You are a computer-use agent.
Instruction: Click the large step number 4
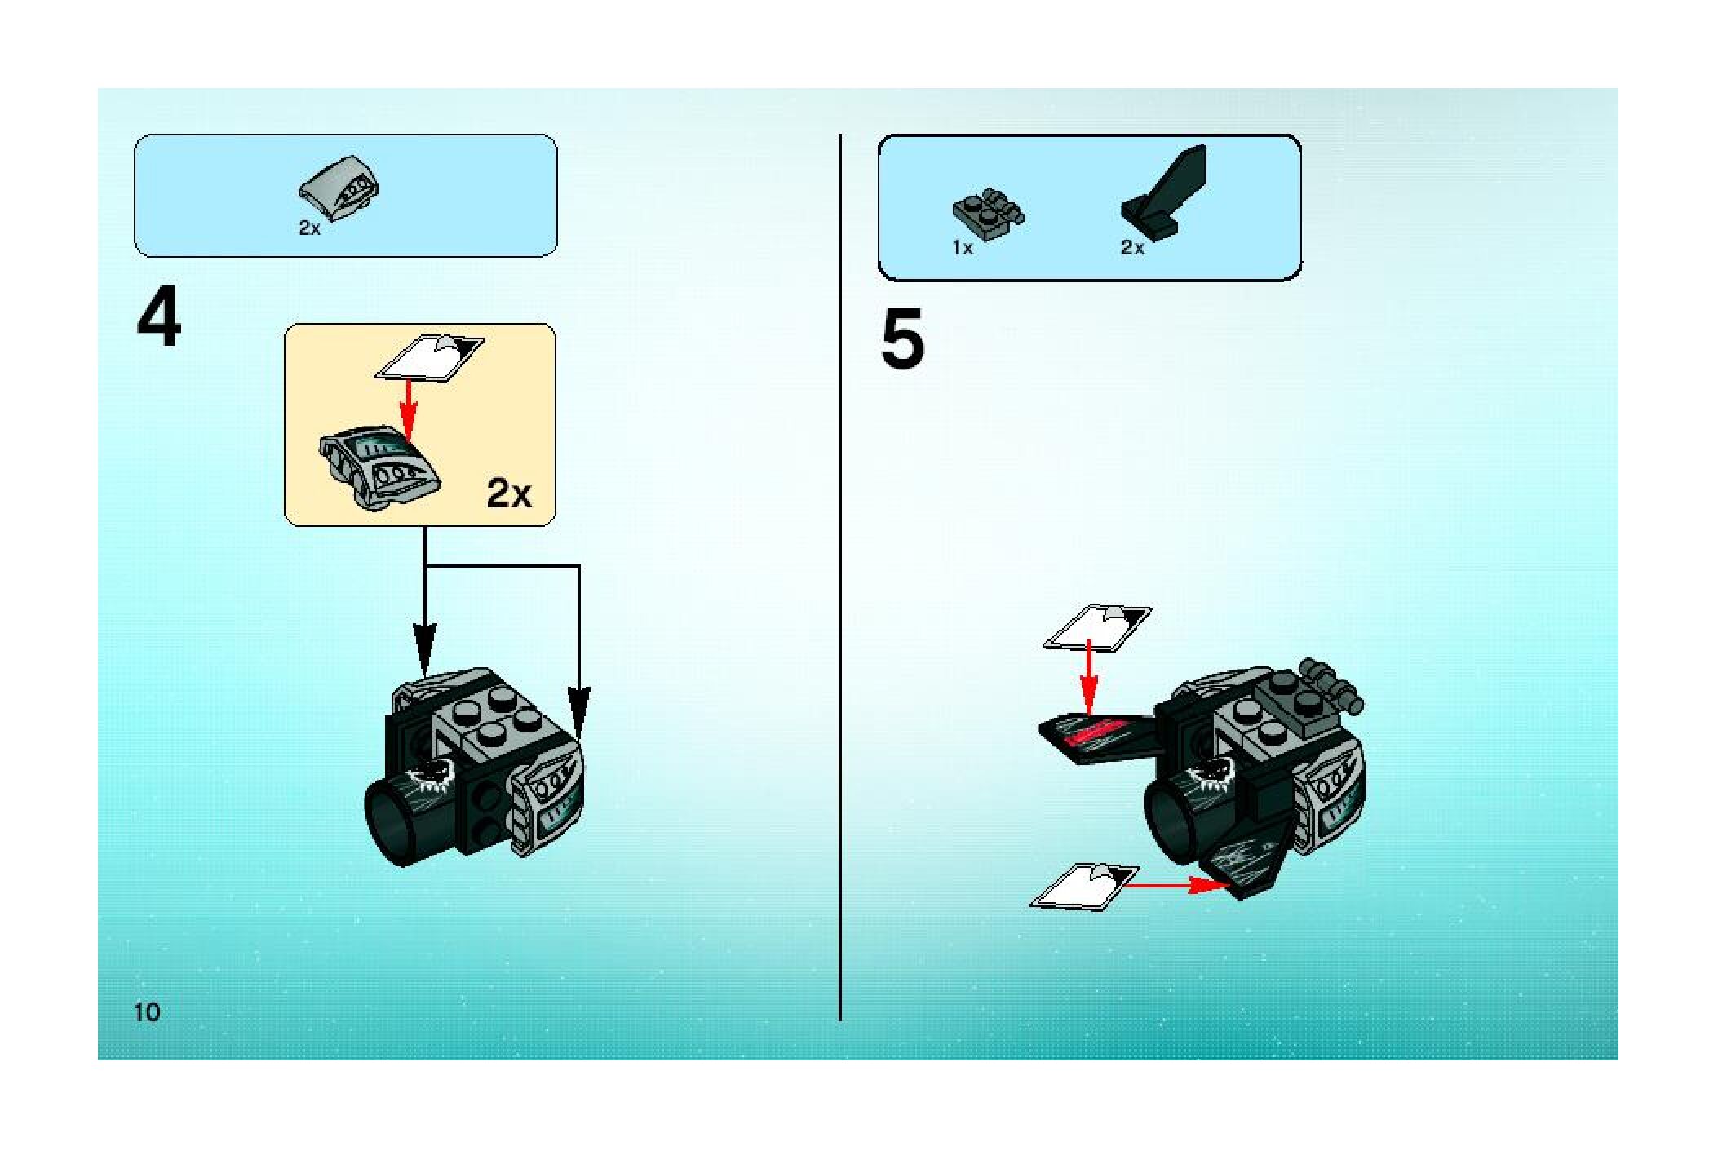[159, 319]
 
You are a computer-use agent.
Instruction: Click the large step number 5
[903, 339]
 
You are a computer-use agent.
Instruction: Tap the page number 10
[148, 1012]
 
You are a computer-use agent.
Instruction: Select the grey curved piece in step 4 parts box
[339, 188]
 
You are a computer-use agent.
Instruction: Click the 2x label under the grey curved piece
[310, 228]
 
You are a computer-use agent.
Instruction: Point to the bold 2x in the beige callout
[509, 493]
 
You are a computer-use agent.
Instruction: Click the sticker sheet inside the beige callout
[429, 357]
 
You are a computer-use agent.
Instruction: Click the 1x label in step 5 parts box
[963, 248]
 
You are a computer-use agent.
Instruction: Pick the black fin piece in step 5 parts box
[1164, 192]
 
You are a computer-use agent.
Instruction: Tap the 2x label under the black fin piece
[1132, 248]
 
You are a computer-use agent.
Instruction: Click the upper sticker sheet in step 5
[1098, 627]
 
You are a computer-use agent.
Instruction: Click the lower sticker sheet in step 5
[1085, 887]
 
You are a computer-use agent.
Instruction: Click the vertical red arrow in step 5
[1087, 676]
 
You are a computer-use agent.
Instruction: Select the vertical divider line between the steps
[840, 577]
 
